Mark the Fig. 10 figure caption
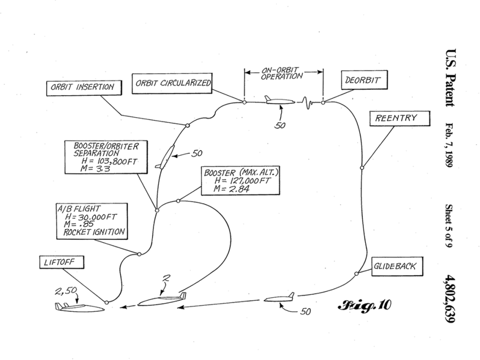click(x=364, y=305)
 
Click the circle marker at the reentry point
click(x=362, y=167)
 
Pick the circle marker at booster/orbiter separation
click(x=157, y=210)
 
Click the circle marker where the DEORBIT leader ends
click(x=323, y=102)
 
